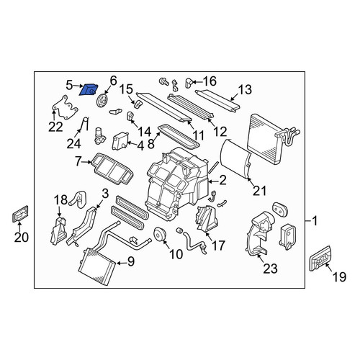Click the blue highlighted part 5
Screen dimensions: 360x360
point(89,89)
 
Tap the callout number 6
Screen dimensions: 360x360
point(113,81)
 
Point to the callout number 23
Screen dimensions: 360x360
point(270,269)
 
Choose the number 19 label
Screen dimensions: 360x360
point(339,277)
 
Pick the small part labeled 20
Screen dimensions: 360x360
point(20,214)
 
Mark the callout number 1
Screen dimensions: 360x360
point(315,220)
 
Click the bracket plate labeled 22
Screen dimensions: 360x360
point(65,107)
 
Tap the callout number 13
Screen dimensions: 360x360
point(245,89)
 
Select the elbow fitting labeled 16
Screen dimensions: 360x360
point(189,83)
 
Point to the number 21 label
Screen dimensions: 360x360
point(259,191)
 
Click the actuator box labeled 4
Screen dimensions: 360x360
point(120,141)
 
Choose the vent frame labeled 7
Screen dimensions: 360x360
point(112,168)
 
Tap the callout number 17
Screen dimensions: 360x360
point(218,246)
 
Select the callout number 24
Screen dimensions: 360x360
point(73,143)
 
